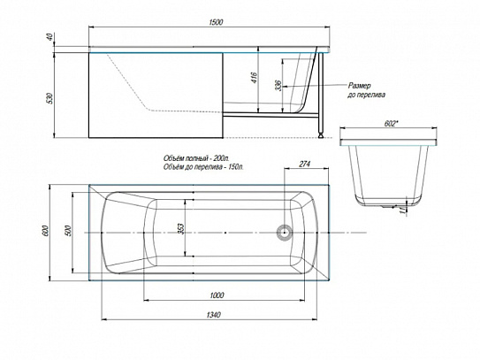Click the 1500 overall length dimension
coord(216,22)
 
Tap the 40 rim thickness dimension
coord(50,37)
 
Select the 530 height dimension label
coord(50,98)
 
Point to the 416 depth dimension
coord(254,78)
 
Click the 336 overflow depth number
coord(278,86)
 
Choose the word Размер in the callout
coord(359,86)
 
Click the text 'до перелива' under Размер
coord(366,95)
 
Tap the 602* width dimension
coord(391,124)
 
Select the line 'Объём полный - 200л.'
coord(196,158)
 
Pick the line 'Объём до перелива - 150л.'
coord(203,167)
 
